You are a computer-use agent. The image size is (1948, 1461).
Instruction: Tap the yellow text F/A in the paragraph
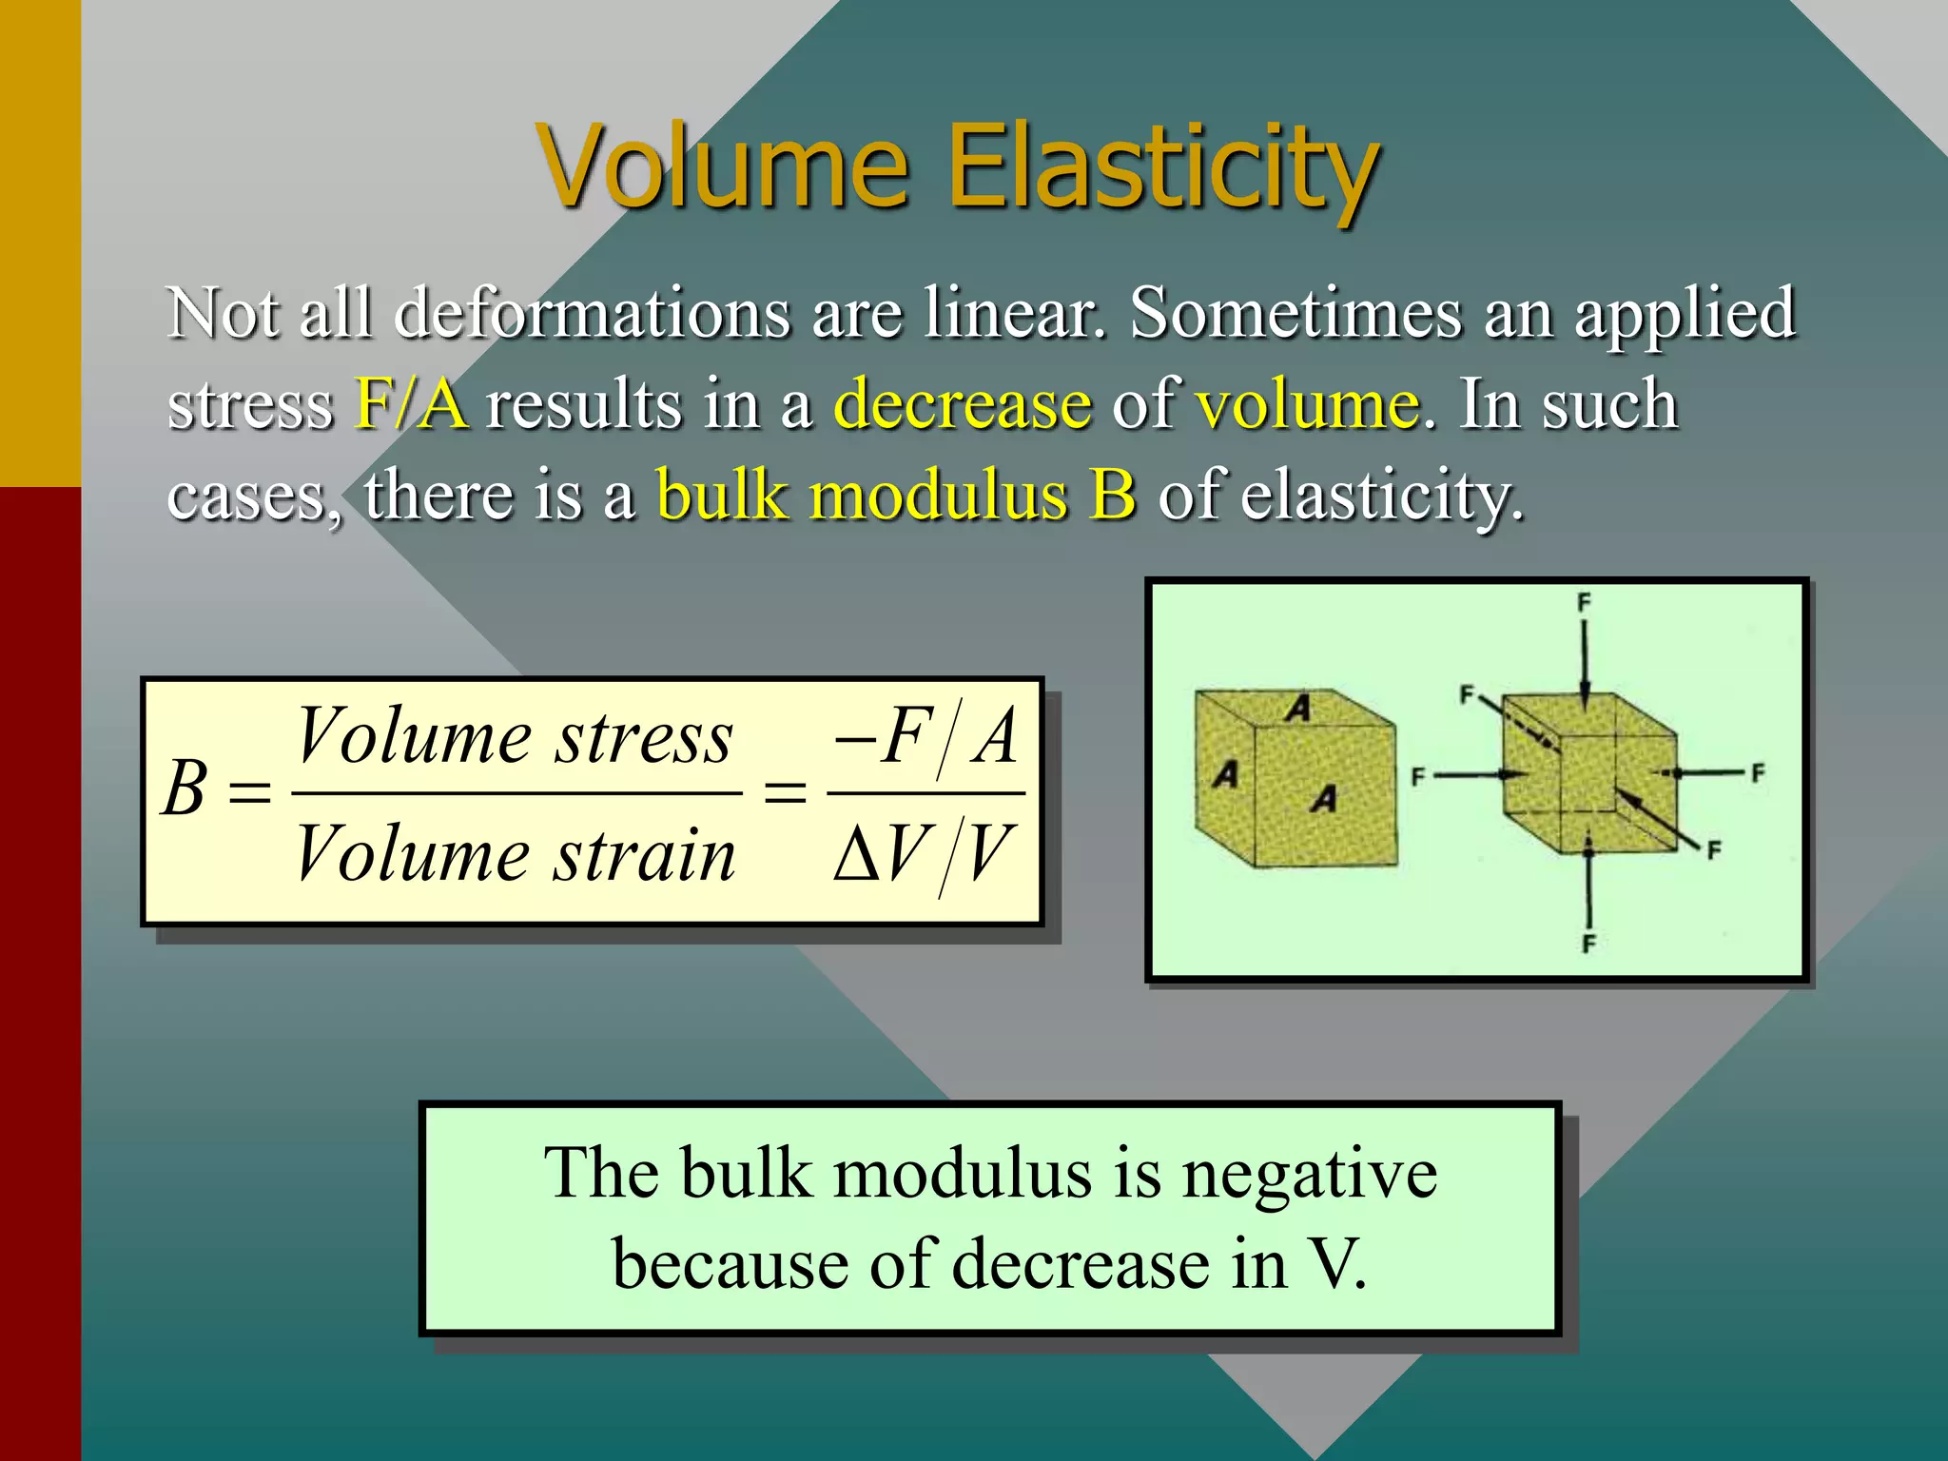tap(411, 404)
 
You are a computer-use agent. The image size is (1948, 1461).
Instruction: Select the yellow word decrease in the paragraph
tap(963, 404)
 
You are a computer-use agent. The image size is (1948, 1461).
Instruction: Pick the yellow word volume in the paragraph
tap(1308, 404)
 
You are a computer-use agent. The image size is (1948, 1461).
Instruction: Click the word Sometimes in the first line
tap(1295, 312)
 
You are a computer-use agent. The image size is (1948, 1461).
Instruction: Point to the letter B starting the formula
tap(185, 789)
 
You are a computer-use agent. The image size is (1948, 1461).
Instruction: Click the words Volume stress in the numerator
tap(515, 737)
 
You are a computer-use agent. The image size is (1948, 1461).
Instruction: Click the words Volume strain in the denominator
tap(515, 853)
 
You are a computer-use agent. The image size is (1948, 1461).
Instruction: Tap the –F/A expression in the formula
tap(925, 737)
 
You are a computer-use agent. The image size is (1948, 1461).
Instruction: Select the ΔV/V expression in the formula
tap(924, 853)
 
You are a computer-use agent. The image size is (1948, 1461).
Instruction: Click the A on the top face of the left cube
tap(1298, 708)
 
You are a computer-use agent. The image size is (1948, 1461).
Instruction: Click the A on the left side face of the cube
tap(1225, 774)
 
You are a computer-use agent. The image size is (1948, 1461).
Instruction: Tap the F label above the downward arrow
tap(1584, 602)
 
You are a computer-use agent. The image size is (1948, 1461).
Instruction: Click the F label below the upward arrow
tap(1588, 944)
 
